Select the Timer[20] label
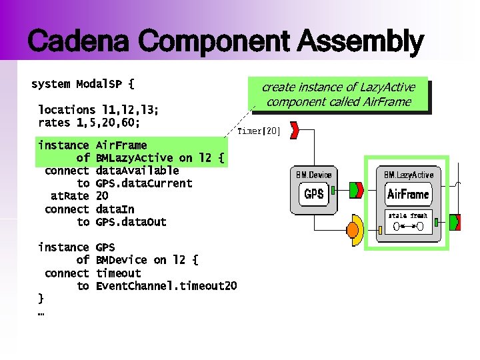(259, 131)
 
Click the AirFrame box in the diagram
(407, 195)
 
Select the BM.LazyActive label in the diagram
(408, 175)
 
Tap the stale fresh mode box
(408, 221)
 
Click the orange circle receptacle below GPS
(356, 229)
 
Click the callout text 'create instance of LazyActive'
(338, 87)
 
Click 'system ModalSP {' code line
(83, 85)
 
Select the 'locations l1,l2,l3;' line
(98, 109)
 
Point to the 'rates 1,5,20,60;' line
(89, 123)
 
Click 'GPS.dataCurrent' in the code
(144, 183)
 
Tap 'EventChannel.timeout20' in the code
(166, 286)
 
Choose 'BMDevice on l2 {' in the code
(147, 260)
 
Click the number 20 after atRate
(102, 196)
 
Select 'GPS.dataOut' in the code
(131, 222)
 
